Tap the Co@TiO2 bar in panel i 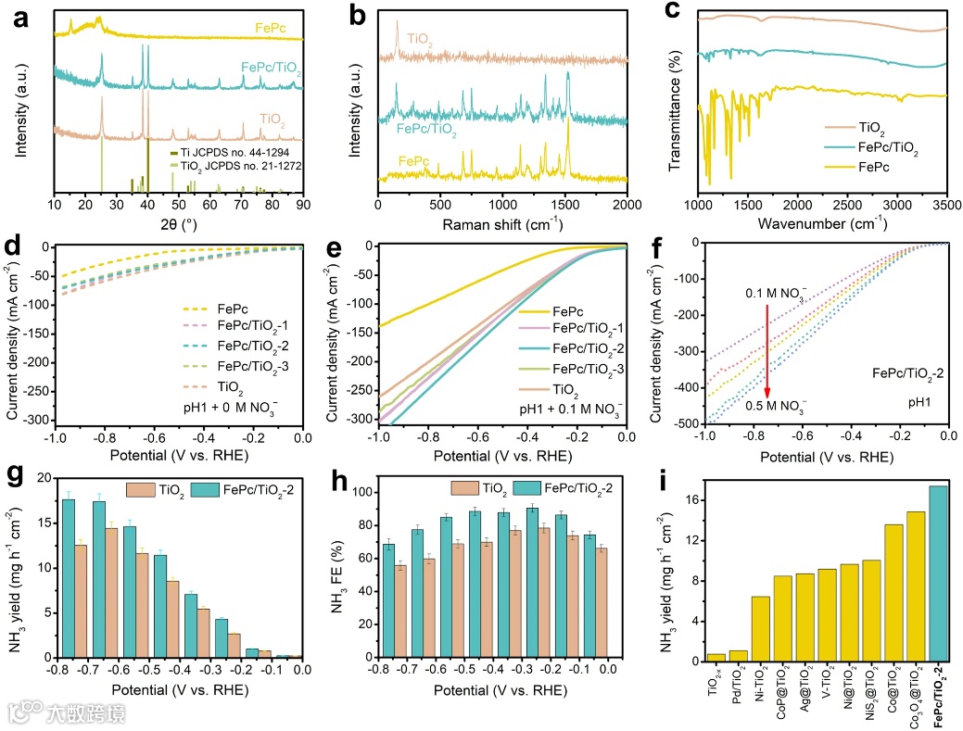tap(893, 592)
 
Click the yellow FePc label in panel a tap(268, 30)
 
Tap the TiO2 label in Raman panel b tap(417, 40)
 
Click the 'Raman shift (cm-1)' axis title tap(502, 224)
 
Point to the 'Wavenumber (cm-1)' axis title tap(821, 224)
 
